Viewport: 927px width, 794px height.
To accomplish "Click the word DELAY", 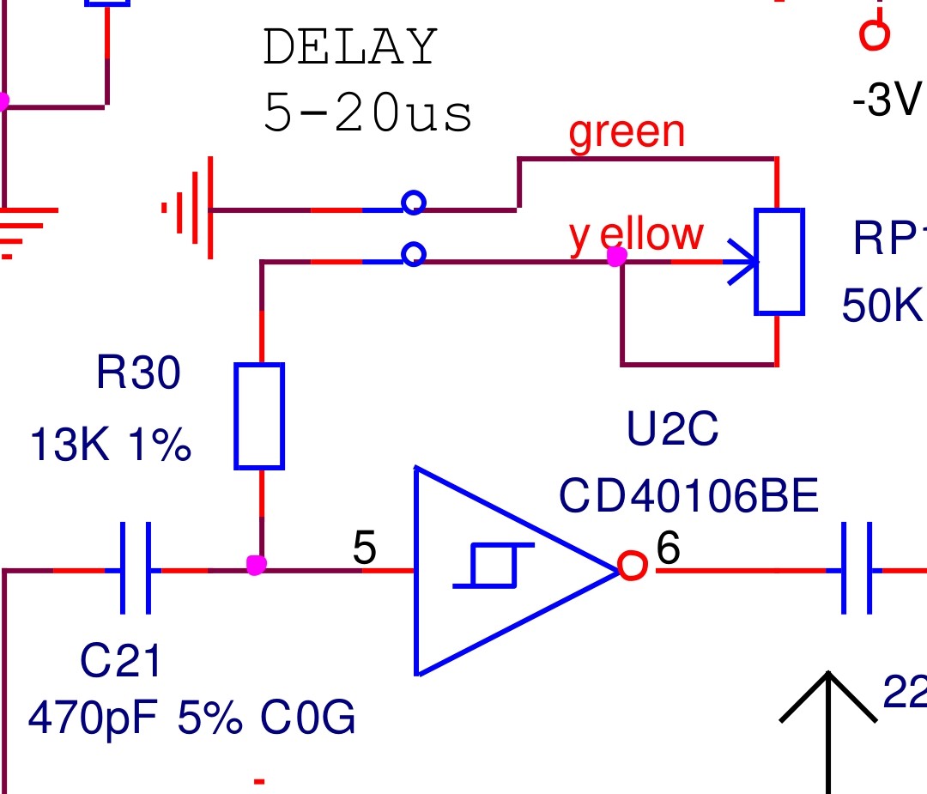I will click(350, 48).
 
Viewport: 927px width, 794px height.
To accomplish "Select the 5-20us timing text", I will click(367, 113).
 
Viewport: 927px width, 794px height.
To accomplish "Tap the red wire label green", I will click(627, 133).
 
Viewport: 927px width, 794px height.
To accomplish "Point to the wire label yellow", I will click(636, 233).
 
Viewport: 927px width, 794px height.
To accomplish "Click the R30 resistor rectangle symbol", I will click(259, 416).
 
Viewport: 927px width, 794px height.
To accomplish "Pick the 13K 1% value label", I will click(110, 446).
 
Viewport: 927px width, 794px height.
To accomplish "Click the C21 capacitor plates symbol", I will click(136, 568).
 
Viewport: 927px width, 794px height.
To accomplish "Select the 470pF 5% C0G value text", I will click(191, 718).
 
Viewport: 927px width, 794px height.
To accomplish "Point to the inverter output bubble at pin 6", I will click(632, 567).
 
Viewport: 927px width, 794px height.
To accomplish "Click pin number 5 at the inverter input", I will click(365, 549).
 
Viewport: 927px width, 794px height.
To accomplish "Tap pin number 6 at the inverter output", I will click(669, 549).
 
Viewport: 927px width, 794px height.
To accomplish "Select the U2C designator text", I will click(672, 431).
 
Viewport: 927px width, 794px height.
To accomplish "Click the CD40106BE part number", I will click(688, 496).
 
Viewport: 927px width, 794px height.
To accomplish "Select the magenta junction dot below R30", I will click(255, 565).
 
